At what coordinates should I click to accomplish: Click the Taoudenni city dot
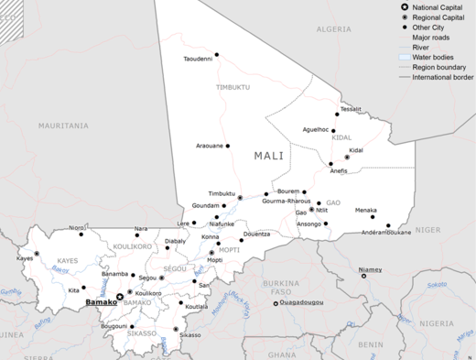tap(217, 52)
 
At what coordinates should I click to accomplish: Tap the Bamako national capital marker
tap(119, 296)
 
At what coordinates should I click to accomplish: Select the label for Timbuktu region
tap(232, 87)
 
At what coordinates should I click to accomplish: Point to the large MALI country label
tap(269, 156)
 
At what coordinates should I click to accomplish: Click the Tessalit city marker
tap(337, 115)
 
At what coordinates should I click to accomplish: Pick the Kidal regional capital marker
tap(347, 157)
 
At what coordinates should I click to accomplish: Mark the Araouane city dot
tap(228, 146)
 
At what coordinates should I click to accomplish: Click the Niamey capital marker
tap(363, 275)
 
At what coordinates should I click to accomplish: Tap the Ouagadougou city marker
tap(276, 303)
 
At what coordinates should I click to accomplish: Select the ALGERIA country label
tap(334, 29)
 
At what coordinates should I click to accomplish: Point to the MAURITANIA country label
tap(63, 125)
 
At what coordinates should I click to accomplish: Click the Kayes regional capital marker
tap(37, 253)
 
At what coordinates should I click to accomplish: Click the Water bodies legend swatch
tap(405, 57)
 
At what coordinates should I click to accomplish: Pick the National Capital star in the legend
tap(405, 7)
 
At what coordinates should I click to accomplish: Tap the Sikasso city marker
tap(180, 328)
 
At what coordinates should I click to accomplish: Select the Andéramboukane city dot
tap(388, 225)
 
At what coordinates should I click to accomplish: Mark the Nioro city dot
tap(90, 227)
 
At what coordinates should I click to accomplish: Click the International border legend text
tap(442, 77)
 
